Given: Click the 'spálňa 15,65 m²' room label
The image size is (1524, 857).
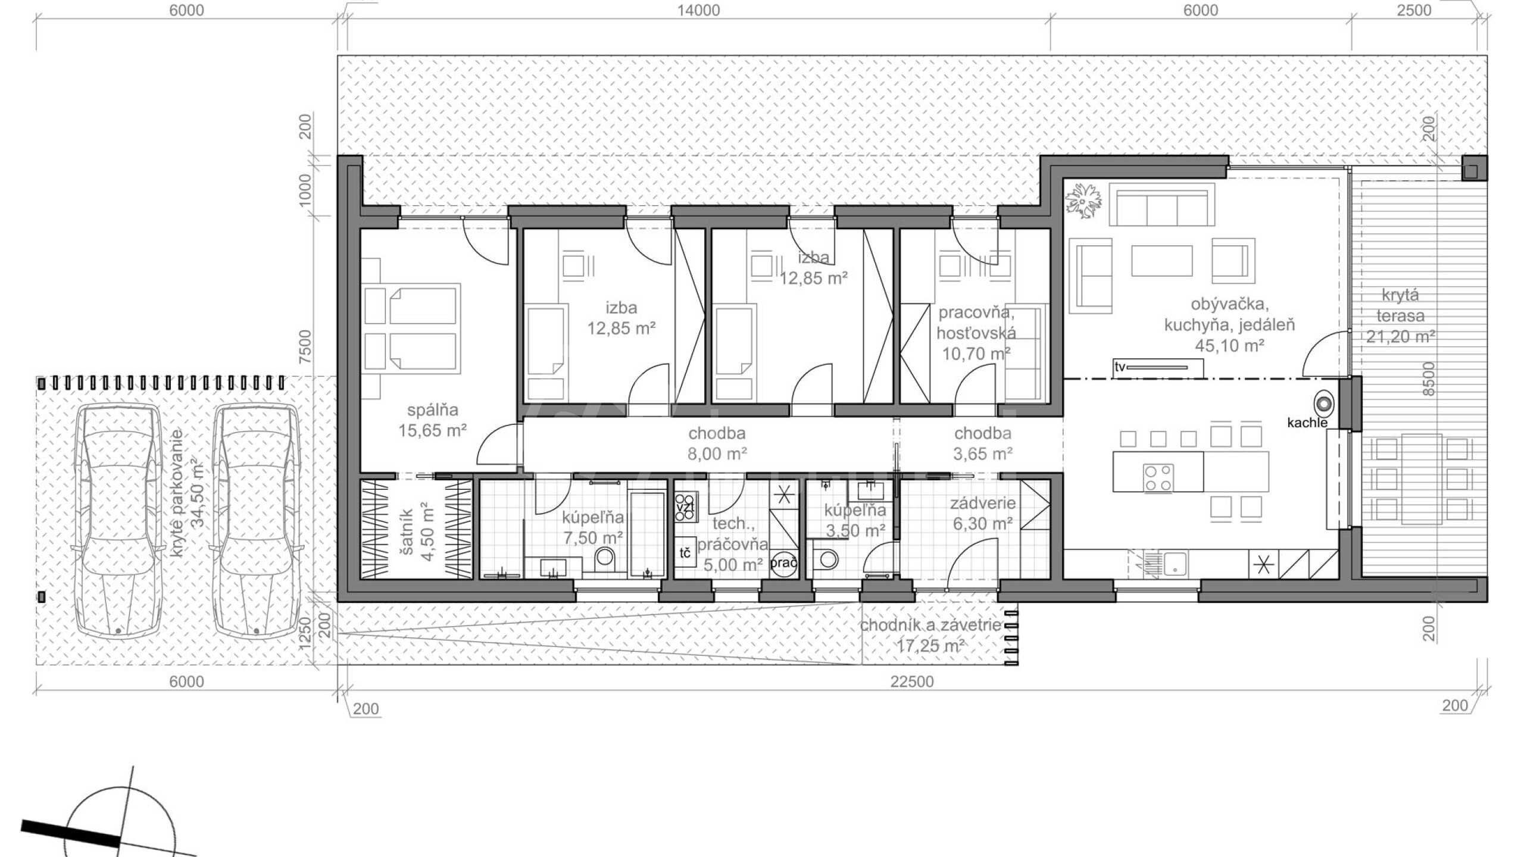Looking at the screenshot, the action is tap(432, 420).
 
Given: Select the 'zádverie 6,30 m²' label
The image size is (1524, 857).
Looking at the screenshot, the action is tap(982, 513).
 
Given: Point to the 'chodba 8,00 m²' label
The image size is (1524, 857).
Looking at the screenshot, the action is tap(717, 444).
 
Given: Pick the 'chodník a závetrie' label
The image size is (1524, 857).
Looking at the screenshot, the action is tap(930, 625).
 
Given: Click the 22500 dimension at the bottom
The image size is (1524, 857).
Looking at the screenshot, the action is tap(912, 682).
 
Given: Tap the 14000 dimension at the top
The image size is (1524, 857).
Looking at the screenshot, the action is tap(698, 10).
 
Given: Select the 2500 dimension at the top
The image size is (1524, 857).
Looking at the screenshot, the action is tap(1414, 10).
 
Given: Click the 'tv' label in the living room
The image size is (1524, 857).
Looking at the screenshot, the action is tap(1120, 367).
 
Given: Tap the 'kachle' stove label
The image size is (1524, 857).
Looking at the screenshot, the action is tap(1307, 423).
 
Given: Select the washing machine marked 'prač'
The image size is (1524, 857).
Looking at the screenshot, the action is tap(783, 562).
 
